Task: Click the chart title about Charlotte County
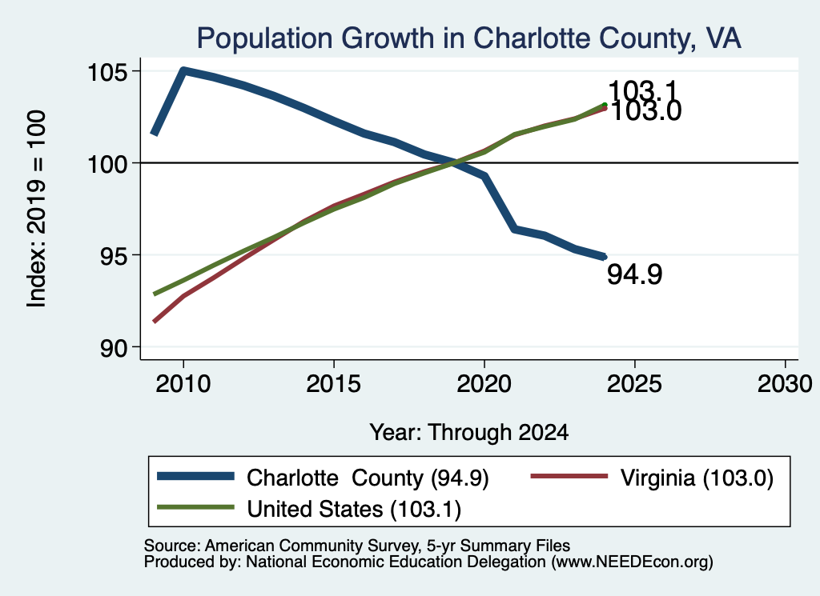pyautogui.click(x=468, y=38)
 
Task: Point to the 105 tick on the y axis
pyautogui.click(x=107, y=72)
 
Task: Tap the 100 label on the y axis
pyautogui.click(x=107, y=164)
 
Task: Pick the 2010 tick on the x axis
pyautogui.click(x=183, y=384)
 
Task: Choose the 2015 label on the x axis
pyautogui.click(x=334, y=384)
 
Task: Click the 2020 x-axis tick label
pyautogui.click(x=484, y=384)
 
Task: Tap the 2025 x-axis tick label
pyautogui.click(x=635, y=384)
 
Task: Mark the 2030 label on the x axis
pyautogui.click(x=785, y=384)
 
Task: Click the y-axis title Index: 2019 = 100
pyautogui.click(x=37, y=209)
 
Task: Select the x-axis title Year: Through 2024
pyautogui.click(x=469, y=433)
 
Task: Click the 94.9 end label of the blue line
pyautogui.click(x=634, y=274)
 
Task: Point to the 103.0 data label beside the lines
pyautogui.click(x=646, y=111)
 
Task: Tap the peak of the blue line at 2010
pyautogui.click(x=183, y=70)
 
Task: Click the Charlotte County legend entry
pyautogui.click(x=323, y=478)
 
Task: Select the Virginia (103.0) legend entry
pyautogui.click(x=652, y=478)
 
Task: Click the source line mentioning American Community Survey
pyautogui.click(x=356, y=546)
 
